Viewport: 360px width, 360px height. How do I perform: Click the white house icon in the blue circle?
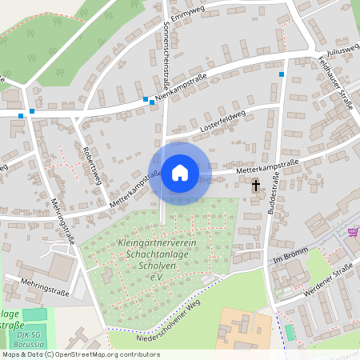pos(179,172)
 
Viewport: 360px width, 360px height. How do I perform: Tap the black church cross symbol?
pos(256,186)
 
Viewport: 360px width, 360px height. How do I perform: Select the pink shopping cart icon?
pos(353,232)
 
